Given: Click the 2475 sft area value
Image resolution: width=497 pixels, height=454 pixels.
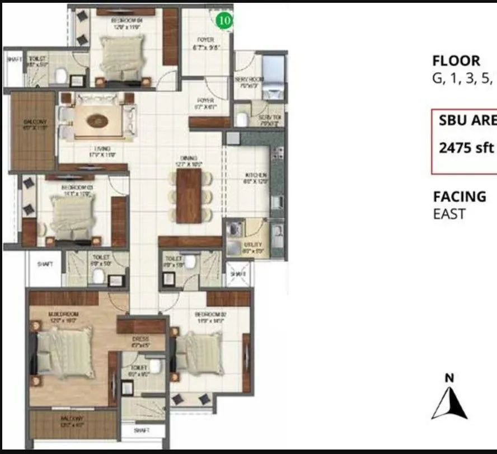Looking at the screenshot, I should (x=467, y=148).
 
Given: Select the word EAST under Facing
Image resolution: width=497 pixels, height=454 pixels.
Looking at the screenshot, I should (x=449, y=214).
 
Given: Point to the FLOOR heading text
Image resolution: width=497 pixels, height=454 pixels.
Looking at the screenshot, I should (x=456, y=61).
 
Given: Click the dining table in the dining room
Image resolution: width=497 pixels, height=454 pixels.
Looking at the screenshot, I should (x=189, y=195).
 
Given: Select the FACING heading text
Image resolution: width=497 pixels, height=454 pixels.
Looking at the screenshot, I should (x=460, y=196).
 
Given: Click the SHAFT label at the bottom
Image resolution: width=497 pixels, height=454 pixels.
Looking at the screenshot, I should (x=143, y=431).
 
